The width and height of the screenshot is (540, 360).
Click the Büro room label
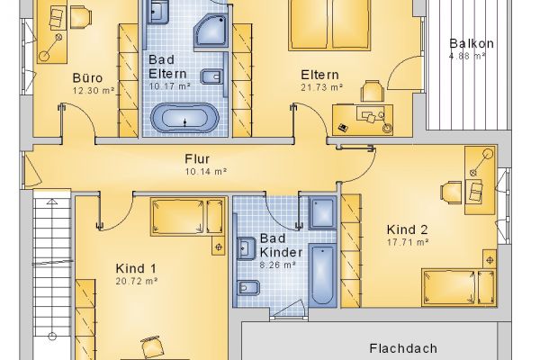click(87, 78)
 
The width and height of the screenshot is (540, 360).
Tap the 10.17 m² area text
click(169, 86)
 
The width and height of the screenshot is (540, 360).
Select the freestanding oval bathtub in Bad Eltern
click(184, 119)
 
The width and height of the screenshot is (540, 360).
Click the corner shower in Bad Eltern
click(211, 31)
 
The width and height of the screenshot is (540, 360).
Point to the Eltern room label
click(319, 75)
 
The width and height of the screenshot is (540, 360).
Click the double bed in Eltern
click(329, 25)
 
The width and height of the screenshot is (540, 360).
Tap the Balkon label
click(472, 43)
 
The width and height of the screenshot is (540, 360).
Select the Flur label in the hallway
click(197, 158)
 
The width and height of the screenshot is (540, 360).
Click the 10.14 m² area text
click(205, 171)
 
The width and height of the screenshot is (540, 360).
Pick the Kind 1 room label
click(136, 268)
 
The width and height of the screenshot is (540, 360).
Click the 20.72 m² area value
click(137, 281)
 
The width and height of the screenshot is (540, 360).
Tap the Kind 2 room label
click(407, 229)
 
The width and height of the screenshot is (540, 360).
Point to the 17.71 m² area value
click(408, 242)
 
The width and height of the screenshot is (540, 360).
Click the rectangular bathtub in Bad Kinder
click(322, 274)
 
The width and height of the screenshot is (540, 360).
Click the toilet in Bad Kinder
click(247, 287)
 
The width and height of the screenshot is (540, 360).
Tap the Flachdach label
click(403, 348)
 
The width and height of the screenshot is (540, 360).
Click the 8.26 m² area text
click(277, 265)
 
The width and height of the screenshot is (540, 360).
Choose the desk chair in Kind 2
click(451, 191)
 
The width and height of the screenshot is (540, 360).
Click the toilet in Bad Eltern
click(211, 76)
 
